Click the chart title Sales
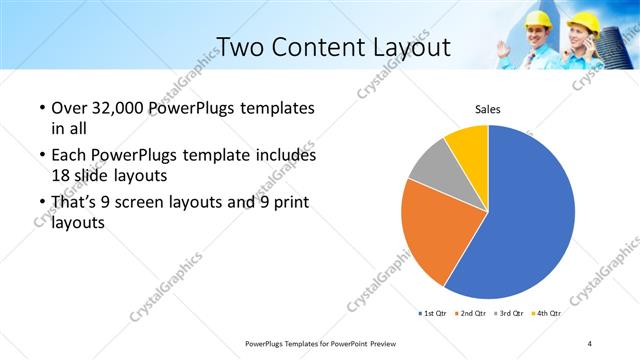[487, 109]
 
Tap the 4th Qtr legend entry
[546, 313]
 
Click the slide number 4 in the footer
[590, 343]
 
